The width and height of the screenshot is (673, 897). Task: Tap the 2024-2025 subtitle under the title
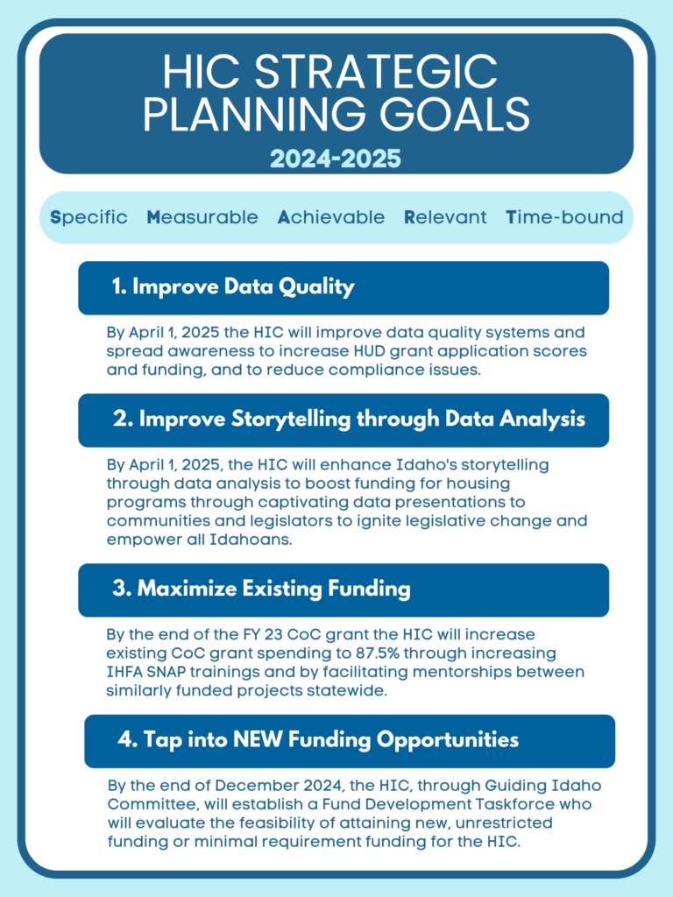point(336,159)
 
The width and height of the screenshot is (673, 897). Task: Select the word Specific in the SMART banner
point(89,218)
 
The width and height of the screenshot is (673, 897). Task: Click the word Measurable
point(202,217)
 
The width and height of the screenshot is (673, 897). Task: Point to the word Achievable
point(330,217)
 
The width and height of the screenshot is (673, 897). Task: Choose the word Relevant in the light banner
point(445,217)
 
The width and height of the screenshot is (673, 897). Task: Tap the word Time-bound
point(564,217)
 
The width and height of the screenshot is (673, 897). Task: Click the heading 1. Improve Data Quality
point(233,287)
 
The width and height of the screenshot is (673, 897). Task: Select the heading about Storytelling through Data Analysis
point(349,420)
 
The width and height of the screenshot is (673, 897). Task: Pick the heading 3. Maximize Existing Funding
point(261,589)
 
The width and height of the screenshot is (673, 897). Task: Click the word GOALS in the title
point(455,113)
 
